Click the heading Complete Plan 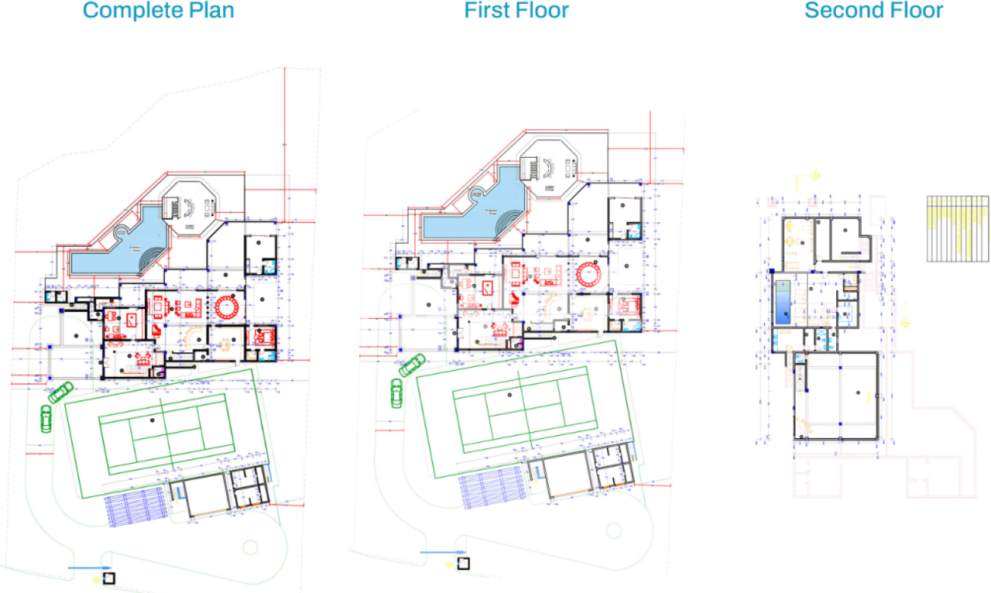(158, 11)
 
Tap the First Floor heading (516, 11)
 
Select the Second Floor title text (873, 11)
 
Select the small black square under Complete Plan (109, 578)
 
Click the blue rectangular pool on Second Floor (784, 301)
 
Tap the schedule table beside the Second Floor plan (958, 228)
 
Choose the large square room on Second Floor (837, 396)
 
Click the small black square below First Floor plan (463, 562)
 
